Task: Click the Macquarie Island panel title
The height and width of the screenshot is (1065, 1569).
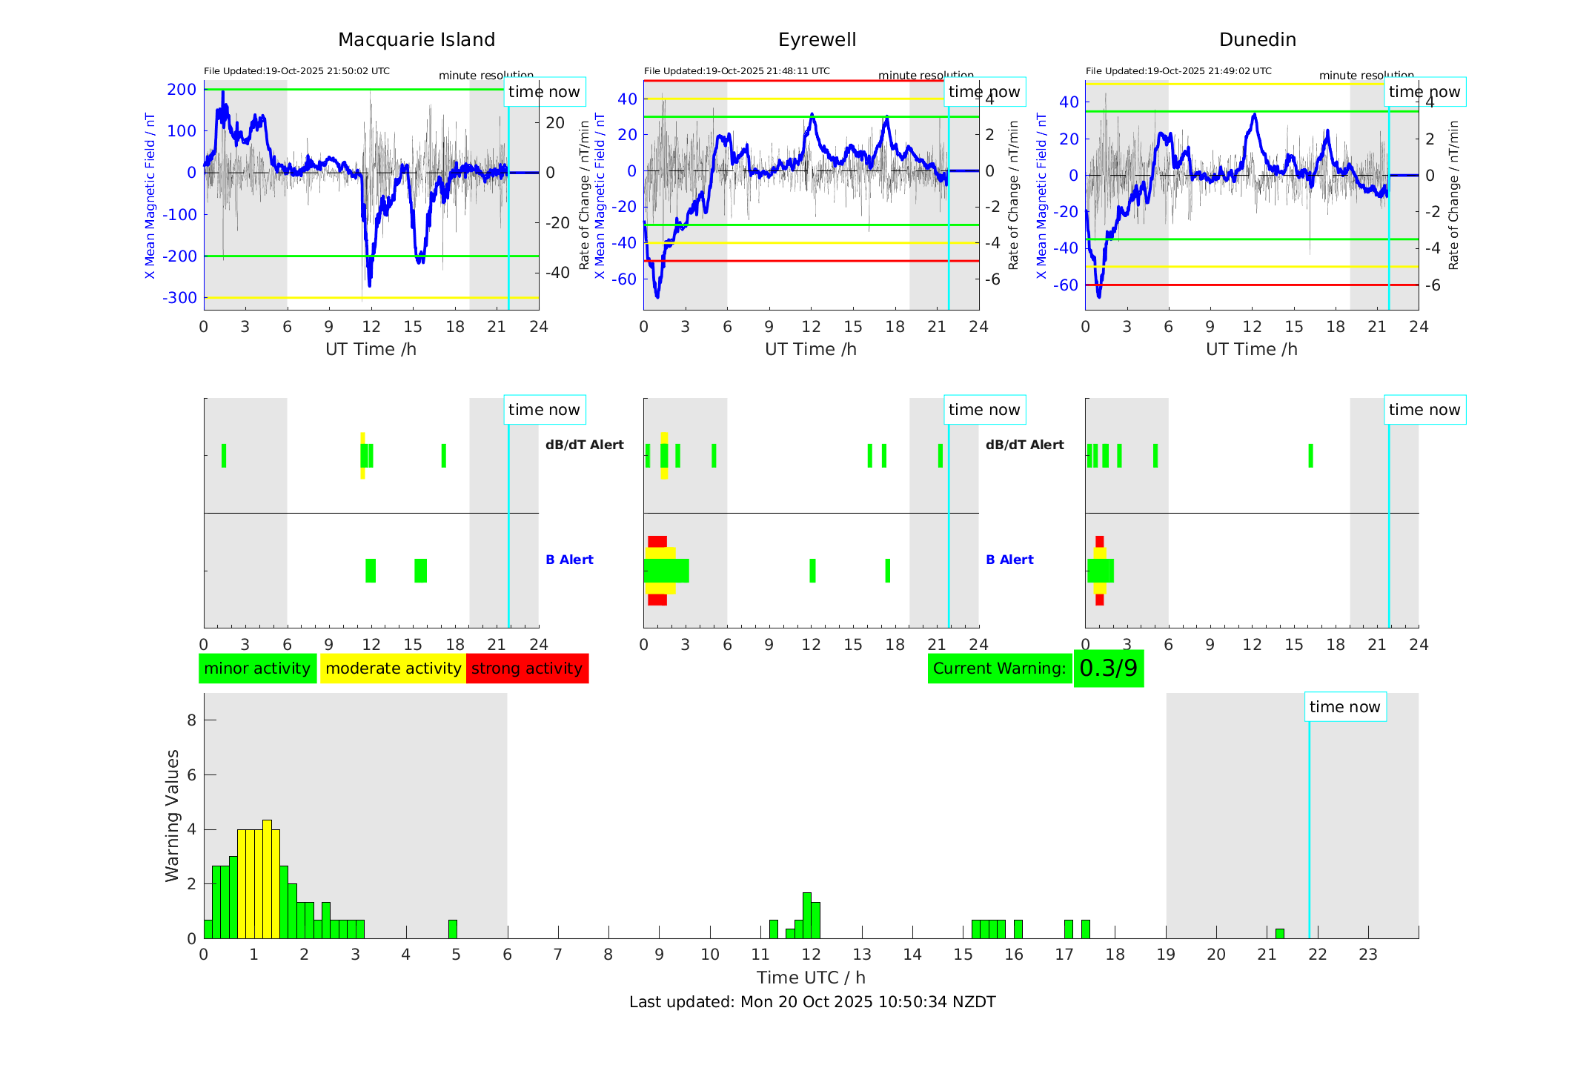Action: click(417, 39)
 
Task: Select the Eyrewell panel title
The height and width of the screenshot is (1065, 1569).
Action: click(817, 39)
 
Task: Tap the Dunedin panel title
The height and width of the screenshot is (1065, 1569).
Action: click(1257, 39)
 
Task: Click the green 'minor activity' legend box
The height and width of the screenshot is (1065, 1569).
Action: click(257, 668)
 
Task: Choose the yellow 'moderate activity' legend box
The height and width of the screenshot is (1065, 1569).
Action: click(393, 668)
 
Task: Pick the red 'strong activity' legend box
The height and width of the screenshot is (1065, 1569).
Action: click(527, 668)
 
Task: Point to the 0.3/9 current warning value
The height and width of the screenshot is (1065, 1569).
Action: click(1108, 668)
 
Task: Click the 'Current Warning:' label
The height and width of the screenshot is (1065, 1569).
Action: click(999, 668)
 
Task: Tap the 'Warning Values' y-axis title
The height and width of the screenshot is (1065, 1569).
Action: click(172, 815)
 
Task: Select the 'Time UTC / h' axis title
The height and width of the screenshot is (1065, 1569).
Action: click(811, 978)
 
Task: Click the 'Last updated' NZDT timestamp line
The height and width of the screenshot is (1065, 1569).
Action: click(812, 1002)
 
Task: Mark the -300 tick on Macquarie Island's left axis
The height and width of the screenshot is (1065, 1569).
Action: click(180, 298)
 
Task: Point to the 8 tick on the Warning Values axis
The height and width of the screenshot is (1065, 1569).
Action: click(192, 720)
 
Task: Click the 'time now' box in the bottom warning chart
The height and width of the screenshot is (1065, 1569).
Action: click(1344, 707)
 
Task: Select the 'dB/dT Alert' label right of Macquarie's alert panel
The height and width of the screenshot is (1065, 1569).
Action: click(584, 445)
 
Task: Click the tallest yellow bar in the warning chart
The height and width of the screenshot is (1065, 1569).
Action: click(267, 878)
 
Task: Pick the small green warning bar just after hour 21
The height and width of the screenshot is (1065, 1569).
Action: click(1279, 933)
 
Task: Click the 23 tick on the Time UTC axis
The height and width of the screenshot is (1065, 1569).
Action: click(1367, 955)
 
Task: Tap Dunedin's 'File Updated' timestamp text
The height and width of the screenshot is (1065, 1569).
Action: click(1178, 71)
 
